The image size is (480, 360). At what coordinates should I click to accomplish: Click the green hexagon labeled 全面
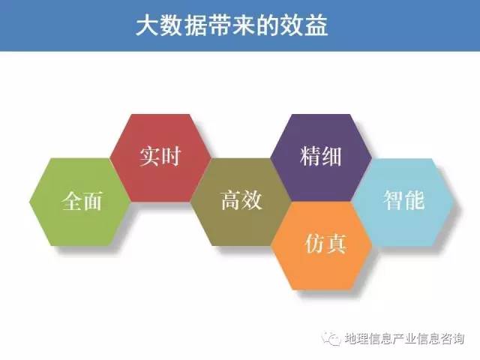point(80,202)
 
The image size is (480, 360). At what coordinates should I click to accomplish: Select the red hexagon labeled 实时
point(160,157)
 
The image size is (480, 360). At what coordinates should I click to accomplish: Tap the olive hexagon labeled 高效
point(241,202)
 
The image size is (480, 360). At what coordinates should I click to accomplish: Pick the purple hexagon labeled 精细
point(321,157)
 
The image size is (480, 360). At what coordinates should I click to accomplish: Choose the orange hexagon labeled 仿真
point(322,246)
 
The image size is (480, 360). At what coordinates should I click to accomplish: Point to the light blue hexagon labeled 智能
point(402,202)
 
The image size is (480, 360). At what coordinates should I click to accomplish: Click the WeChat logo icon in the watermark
point(331,338)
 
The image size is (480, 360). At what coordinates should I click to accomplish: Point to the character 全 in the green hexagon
point(72,201)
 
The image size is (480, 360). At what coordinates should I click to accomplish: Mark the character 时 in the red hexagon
point(171,157)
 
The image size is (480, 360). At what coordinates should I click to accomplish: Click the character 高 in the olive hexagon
point(231,200)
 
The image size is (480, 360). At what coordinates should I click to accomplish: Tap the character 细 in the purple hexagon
point(331,157)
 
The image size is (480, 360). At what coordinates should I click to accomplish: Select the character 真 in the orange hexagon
point(337,244)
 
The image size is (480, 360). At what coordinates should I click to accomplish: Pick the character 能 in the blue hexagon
point(415,200)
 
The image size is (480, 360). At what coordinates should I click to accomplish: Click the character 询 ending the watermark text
point(458,339)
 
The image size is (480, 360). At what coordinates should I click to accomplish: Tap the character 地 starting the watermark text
point(350,339)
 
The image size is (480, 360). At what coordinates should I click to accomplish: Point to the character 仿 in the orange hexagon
point(315,244)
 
